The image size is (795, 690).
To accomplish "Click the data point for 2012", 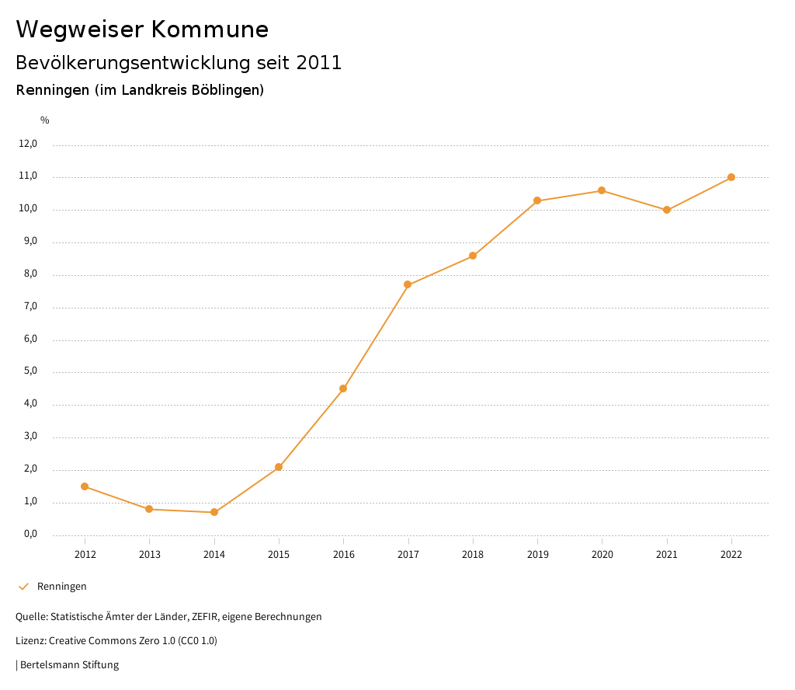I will [x=85, y=486].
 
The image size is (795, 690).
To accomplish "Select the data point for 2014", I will [x=214, y=512].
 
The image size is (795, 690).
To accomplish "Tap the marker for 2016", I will [x=343, y=389].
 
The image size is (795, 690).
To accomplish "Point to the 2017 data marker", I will [x=408, y=284].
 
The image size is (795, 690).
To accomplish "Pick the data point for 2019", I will [x=537, y=200].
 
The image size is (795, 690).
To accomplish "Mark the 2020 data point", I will [x=602, y=190].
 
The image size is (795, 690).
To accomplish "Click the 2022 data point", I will [x=731, y=177].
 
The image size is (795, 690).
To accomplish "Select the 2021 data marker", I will [x=667, y=210].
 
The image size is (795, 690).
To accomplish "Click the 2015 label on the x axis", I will [x=279, y=555].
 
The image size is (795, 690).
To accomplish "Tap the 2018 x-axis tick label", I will [x=473, y=555].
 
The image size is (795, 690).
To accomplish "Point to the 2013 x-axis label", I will [x=150, y=555].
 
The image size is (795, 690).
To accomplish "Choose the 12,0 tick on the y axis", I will [x=28, y=144].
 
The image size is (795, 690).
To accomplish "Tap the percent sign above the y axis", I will [x=45, y=120].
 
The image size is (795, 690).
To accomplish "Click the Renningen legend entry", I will [x=61, y=587].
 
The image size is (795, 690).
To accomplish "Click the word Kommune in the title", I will [x=210, y=30].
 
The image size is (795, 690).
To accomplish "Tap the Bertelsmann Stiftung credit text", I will [x=69, y=665].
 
